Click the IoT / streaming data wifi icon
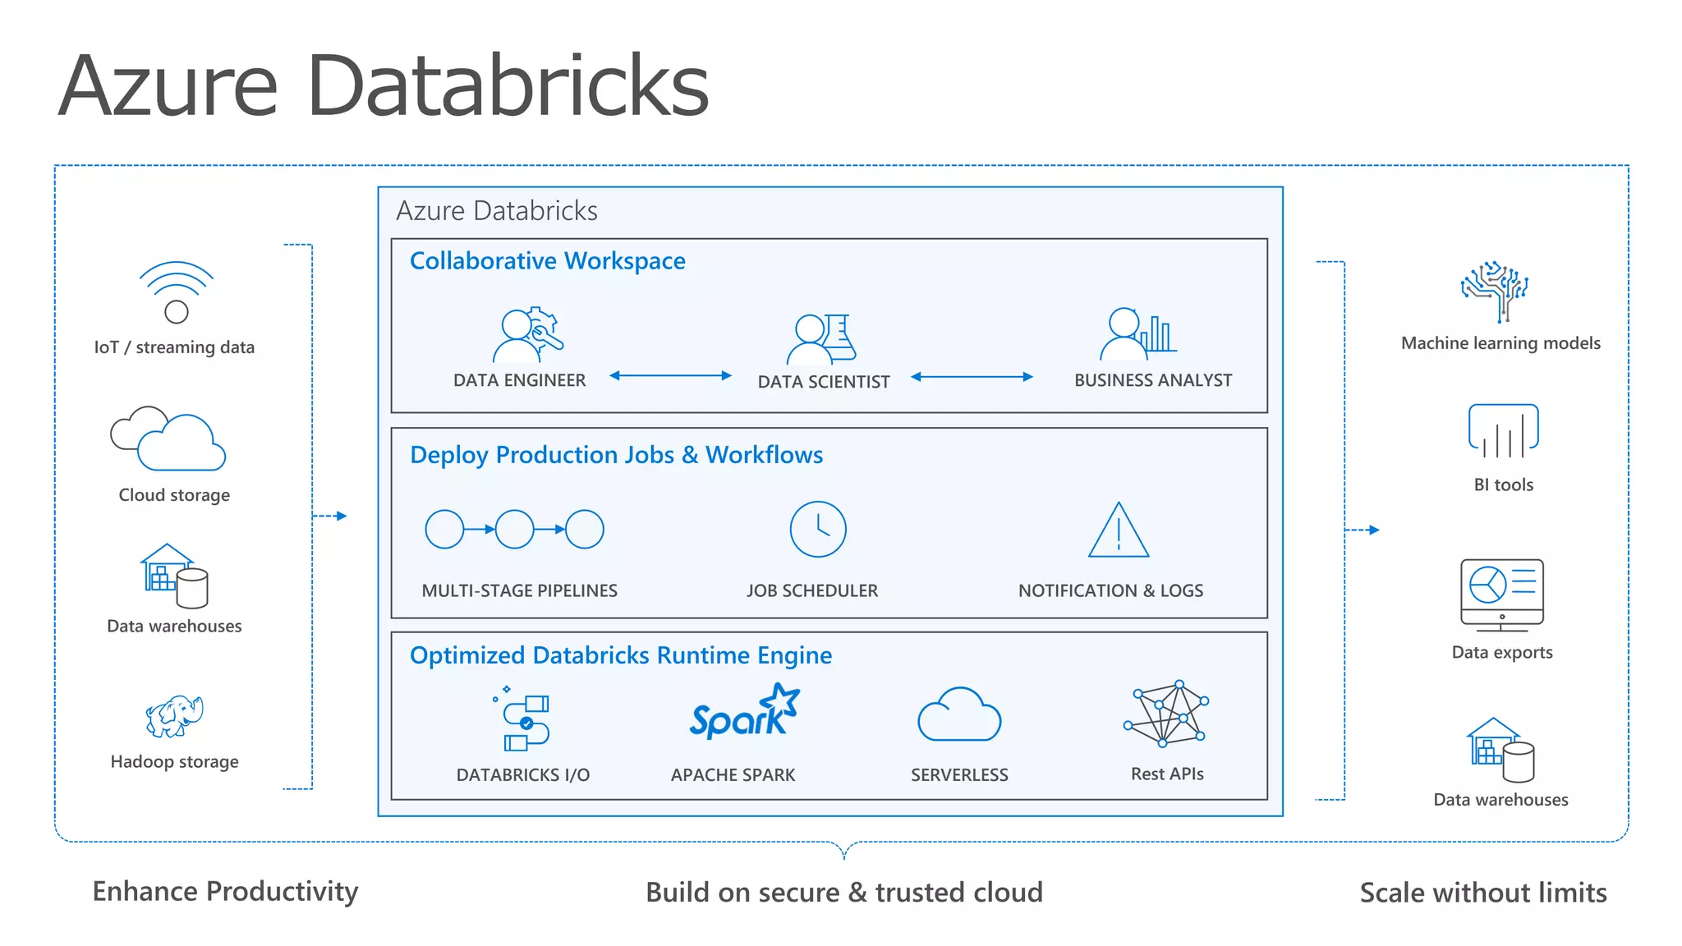click(176, 292)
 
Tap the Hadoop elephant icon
click(174, 716)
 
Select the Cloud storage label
click(174, 495)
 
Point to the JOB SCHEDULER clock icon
click(817, 530)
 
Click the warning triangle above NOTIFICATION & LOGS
click(1118, 532)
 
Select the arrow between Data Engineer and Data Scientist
click(670, 376)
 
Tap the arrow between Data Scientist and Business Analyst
click(972, 377)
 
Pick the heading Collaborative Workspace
click(547, 261)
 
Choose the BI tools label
click(1503, 485)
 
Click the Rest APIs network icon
click(1166, 714)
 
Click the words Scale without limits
click(1482, 893)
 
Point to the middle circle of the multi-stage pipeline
click(515, 530)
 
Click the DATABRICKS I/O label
click(522, 775)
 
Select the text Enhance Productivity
click(225, 892)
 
